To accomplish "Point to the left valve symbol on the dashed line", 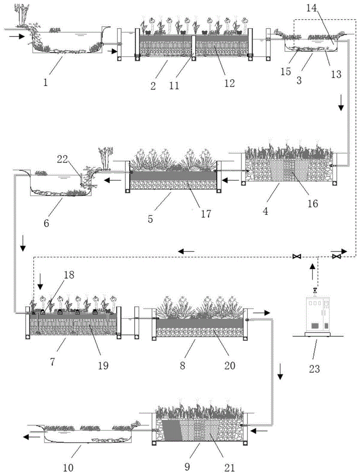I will (x=297, y=257).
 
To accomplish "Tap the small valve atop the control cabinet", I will (x=314, y=291).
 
